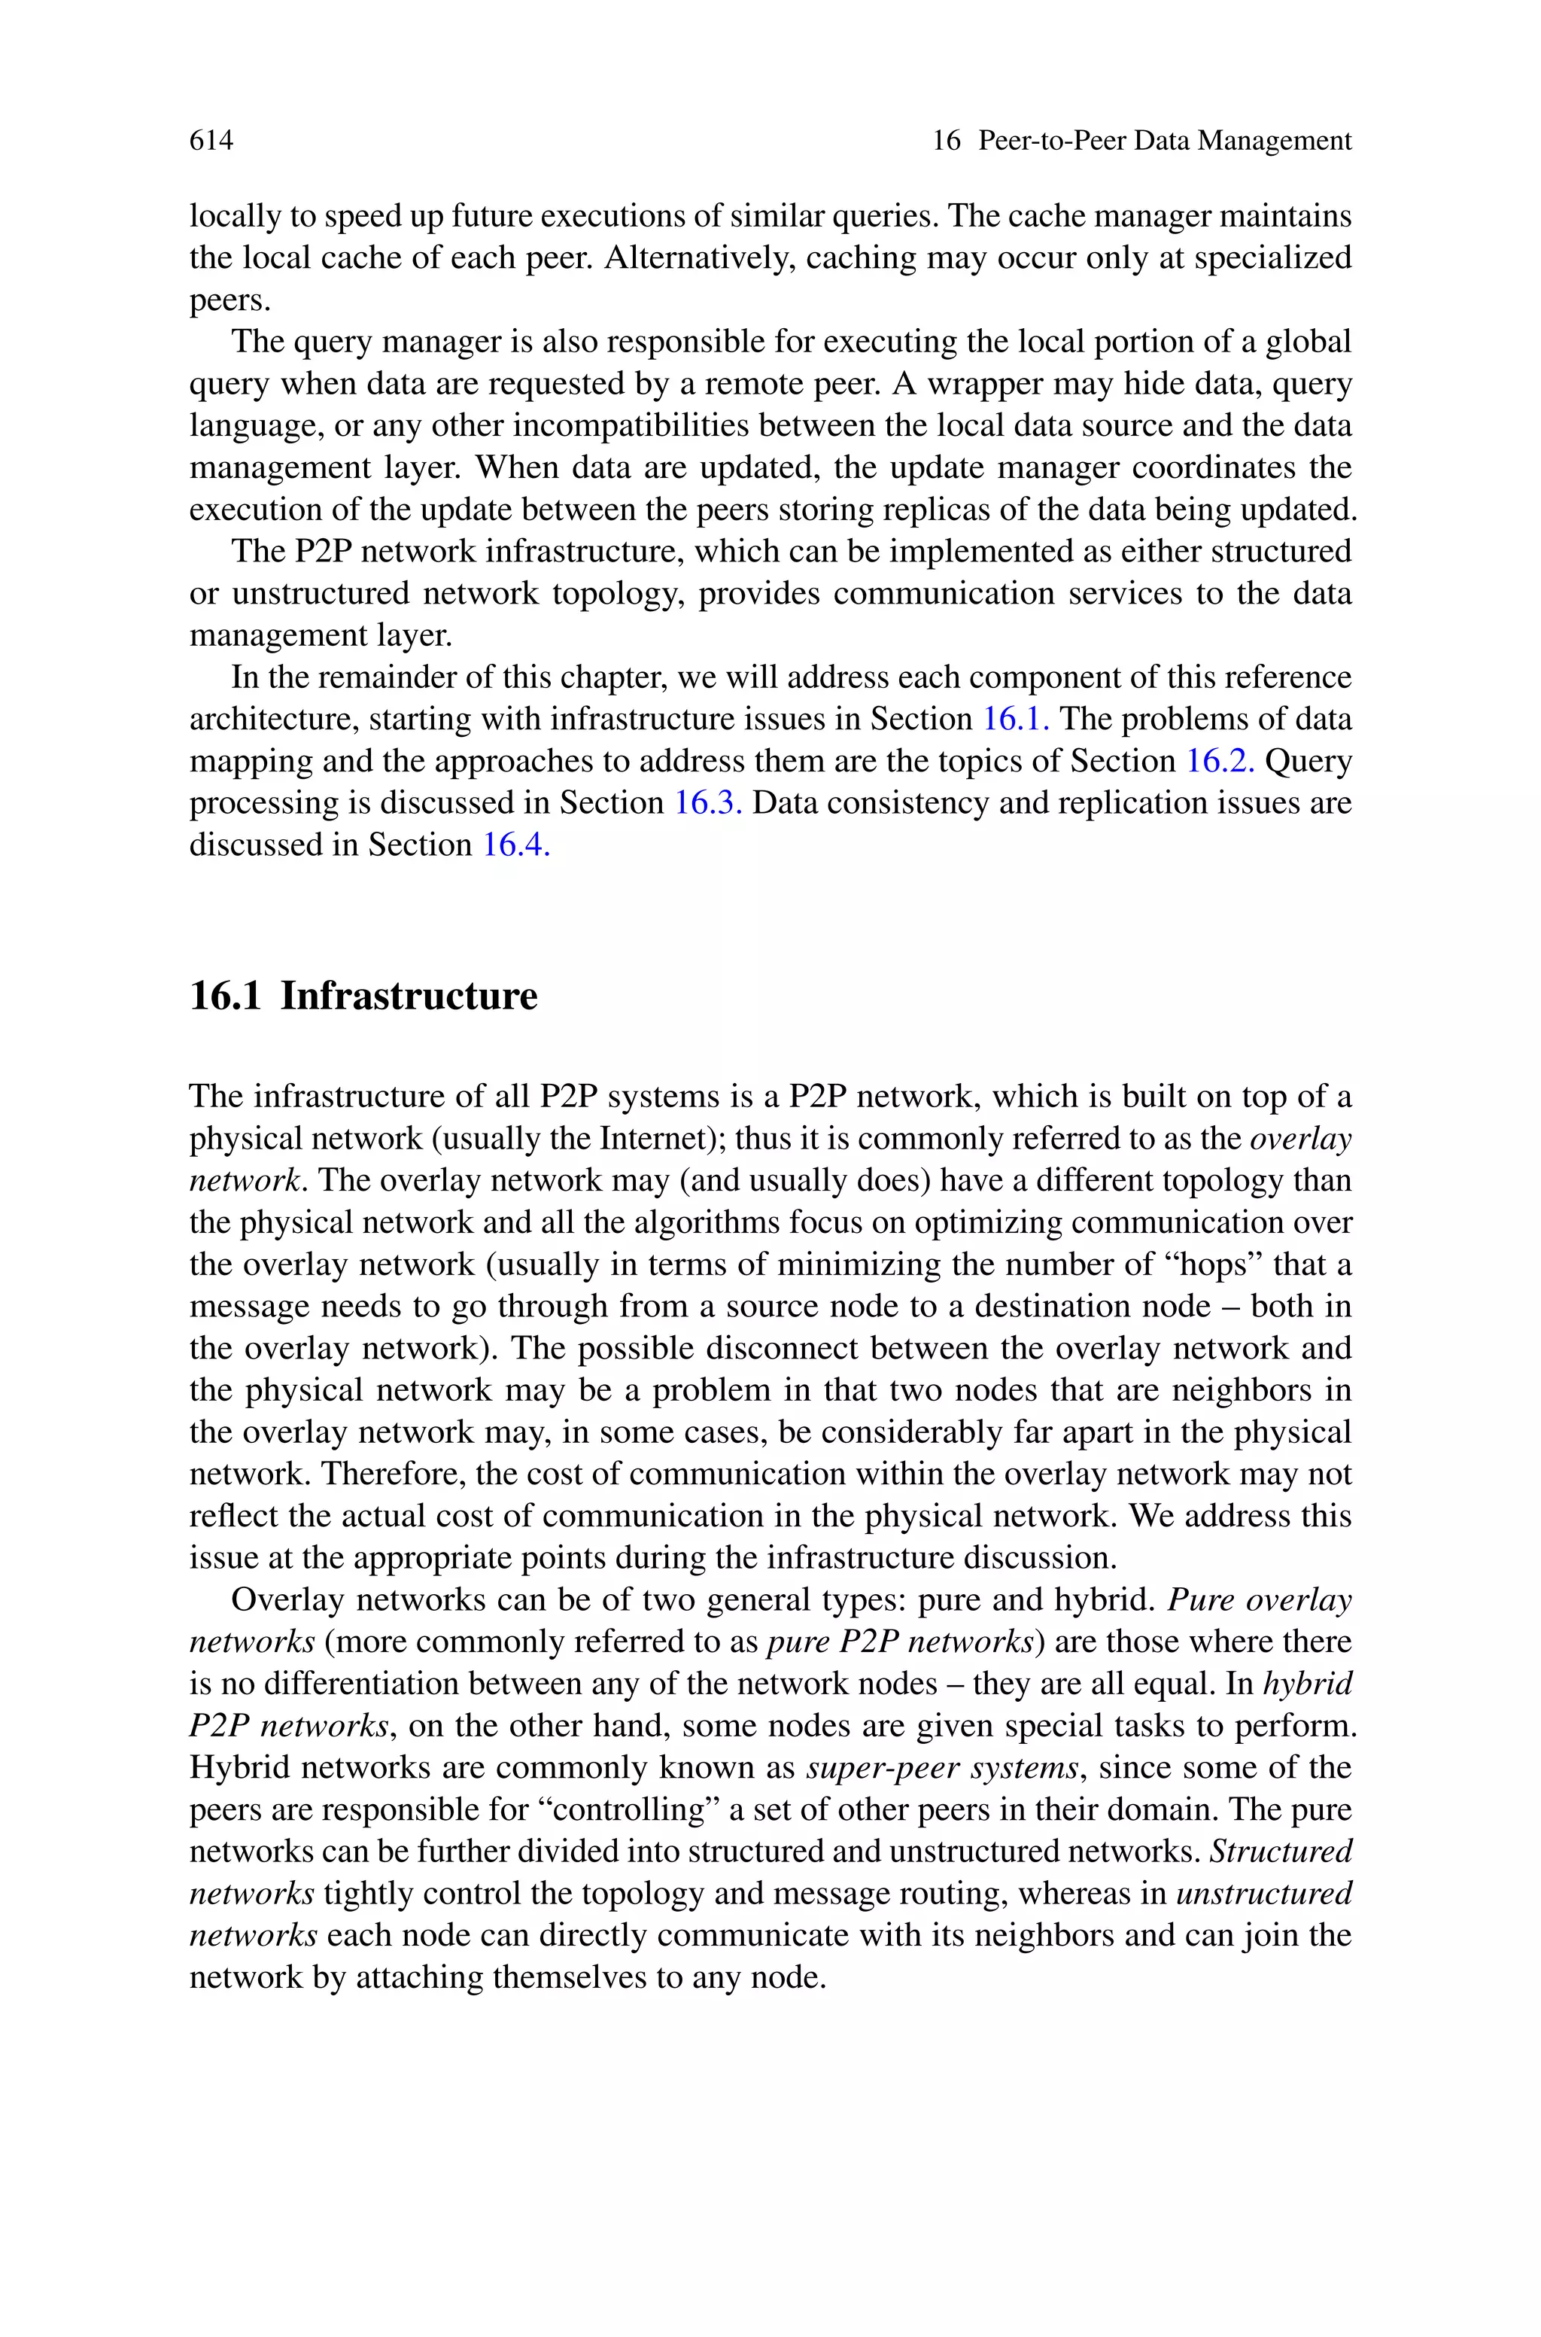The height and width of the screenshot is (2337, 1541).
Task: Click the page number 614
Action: tap(211, 141)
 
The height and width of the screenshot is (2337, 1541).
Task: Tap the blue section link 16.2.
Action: tap(1220, 762)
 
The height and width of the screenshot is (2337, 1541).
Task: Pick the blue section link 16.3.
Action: tap(707, 804)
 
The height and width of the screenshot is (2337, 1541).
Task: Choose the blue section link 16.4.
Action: tap(515, 846)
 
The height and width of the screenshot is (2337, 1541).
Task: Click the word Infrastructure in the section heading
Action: tap(409, 997)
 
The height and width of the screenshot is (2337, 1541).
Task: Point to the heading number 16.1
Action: tap(225, 997)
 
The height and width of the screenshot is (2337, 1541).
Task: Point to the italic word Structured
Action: tap(1281, 1852)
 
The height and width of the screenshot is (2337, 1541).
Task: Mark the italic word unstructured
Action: tap(1264, 1894)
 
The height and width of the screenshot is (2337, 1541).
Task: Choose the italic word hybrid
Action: tap(1307, 1684)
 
